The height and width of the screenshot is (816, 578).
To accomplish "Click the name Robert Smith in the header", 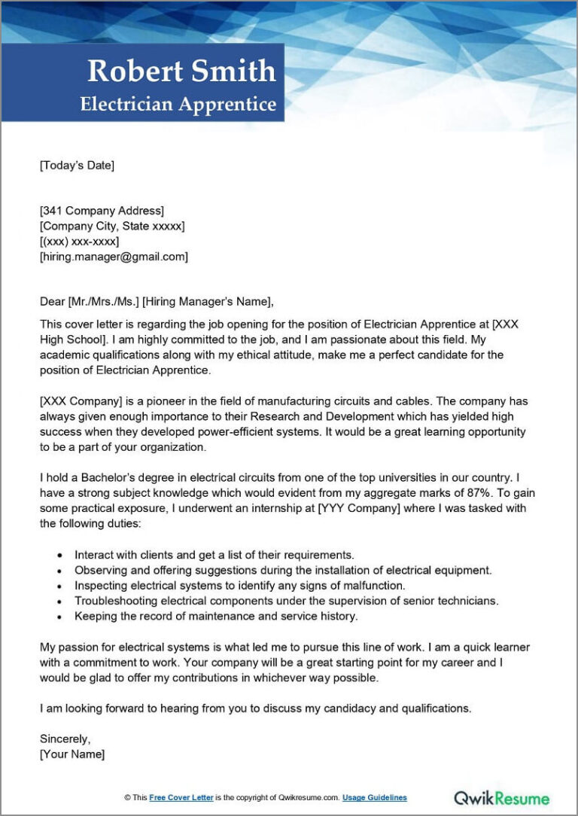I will (181, 71).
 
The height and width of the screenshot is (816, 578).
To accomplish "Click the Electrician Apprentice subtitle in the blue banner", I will (178, 104).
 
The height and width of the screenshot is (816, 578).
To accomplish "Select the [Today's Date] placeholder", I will (77, 166).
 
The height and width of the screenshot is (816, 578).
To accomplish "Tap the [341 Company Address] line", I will (102, 211).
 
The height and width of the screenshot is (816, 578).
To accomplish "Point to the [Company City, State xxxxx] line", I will (112, 226).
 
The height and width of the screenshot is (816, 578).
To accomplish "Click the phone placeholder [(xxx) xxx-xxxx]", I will (79, 241).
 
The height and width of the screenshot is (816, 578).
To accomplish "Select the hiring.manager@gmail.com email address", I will (114, 257).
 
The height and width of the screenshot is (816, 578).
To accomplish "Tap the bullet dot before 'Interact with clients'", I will (59, 555).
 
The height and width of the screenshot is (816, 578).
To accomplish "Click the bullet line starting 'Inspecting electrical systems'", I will (239, 585).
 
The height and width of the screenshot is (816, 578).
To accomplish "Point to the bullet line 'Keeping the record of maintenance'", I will (216, 616).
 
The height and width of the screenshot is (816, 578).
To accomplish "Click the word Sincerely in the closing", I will (65, 738).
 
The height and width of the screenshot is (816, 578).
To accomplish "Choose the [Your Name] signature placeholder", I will (72, 754).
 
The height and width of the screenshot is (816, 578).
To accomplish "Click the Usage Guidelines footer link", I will (374, 797).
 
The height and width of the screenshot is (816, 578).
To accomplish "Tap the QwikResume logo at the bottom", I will (502, 796).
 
